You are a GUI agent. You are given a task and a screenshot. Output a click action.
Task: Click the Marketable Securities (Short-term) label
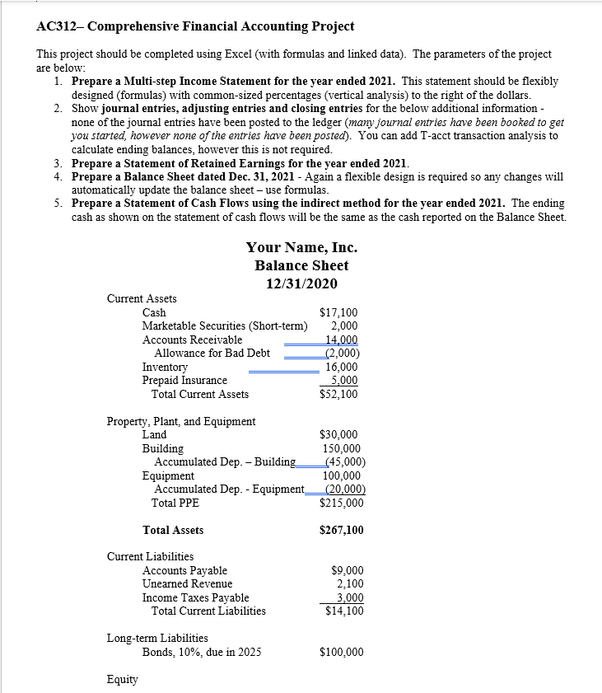[x=219, y=326]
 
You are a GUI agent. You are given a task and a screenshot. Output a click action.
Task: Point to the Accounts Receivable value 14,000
[x=342, y=339]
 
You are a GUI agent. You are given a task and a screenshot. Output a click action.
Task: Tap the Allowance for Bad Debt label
[x=212, y=354]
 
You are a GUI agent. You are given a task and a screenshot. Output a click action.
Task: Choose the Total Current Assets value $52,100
[x=338, y=394]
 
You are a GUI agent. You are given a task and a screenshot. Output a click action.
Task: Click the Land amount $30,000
[x=338, y=434]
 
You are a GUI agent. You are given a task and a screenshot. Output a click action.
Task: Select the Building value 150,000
[x=340, y=448]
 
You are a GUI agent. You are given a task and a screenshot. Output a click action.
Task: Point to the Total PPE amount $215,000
[x=341, y=503]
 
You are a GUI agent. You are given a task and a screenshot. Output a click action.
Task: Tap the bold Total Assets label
[x=173, y=530]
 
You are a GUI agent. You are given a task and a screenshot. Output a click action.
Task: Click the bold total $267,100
[x=341, y=530]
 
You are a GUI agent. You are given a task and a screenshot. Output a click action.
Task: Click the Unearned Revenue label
[x=187, y=583]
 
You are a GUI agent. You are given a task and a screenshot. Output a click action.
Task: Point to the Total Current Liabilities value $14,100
[x=344, y=611]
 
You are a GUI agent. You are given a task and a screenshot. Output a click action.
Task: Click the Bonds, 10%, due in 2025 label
[x=202, y=652]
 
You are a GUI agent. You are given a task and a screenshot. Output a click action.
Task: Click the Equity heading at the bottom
[x=123, y=679]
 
